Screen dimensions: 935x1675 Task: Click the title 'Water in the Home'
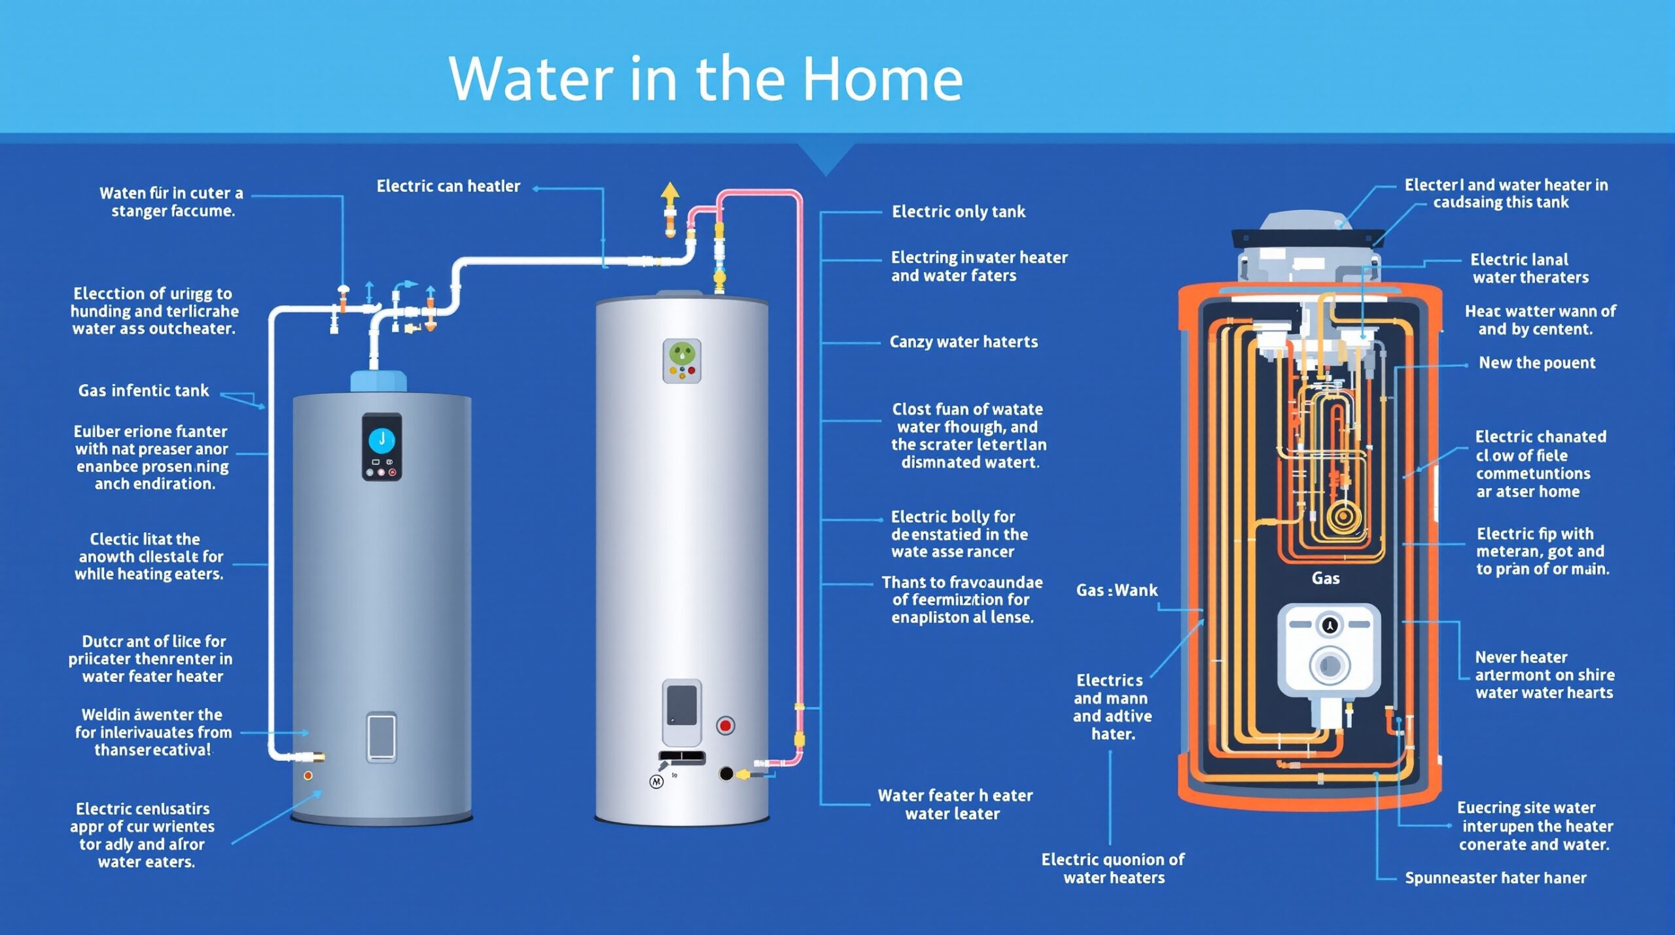pyautogui.click(x=705, y=79)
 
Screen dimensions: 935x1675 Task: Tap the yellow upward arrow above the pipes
pyautogui.click(x=669, y=193)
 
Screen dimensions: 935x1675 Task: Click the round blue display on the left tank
pyautogui.click(x=382, y=440)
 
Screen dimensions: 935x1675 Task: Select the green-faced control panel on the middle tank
pyautogui.click(x=682, y=361)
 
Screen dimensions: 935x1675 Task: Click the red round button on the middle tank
pyautogui.click(x=725, y=725)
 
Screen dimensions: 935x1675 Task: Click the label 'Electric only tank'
pyautogui.click(x=959, y=211)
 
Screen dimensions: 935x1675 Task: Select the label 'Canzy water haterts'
pyautogui.click(x=963, y=342)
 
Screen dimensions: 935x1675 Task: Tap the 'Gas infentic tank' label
pyautogui.click(x=143, y=391)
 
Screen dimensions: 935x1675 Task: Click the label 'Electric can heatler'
pyautogui.click(x=448, y=186)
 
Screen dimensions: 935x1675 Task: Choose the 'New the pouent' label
pyautogui.click(x=1537, y=362)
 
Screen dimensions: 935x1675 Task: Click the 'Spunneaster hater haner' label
pyautogui.click(x=1495, y=877)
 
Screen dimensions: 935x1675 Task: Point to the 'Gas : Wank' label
pyautogui.click(x=1116, y=590)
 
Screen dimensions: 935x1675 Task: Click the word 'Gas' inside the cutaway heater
pyautogui.click(x=1325, y=578)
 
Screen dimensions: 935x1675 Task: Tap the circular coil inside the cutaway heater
pyautogui.click(x=1343, y=516)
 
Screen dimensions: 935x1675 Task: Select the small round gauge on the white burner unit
pyautogui.click(x=1329, y=625)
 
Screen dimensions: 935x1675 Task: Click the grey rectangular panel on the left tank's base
pyautogui.click(x=381, y=737)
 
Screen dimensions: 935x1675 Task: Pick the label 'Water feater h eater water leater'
pyautogui.click(x=955, y=804)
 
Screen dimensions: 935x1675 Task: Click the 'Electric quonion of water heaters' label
pyautogui.click(x=1113, y=868)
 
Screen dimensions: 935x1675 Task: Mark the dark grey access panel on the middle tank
pyautogui.click(x=682, y=705)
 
